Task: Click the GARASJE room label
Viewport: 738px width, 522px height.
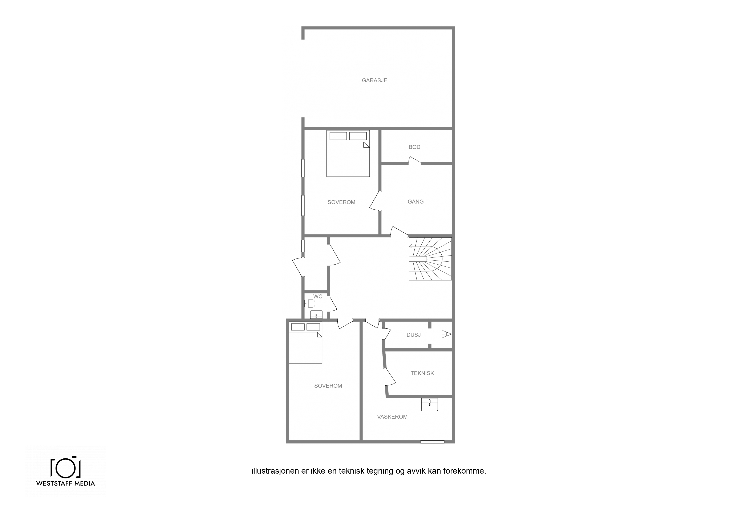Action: (x=374, y=80)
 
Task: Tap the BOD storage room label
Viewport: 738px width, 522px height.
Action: (x=414, y=147)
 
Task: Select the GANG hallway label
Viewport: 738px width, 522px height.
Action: (x=416, y=202)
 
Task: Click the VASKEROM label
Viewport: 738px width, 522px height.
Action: (x=392, y=417)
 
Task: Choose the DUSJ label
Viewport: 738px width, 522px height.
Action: (x=414, y=335)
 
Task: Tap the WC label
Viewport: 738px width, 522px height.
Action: (x=318, y=297)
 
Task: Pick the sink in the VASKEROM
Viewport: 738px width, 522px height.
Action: (x=429, y=405)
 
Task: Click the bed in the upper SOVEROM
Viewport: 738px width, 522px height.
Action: (x=348, y=153)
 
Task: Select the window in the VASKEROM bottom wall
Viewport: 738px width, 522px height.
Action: (x=432, y=442)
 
